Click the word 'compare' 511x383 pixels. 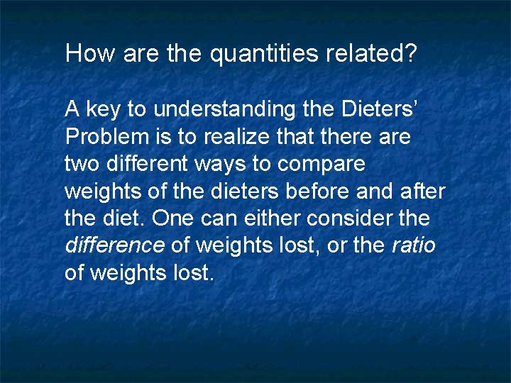tap(322, 165)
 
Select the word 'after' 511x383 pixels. tap(424, 191)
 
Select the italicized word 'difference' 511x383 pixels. tap(114, 245)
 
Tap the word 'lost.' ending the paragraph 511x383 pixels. tap(192, 272)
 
